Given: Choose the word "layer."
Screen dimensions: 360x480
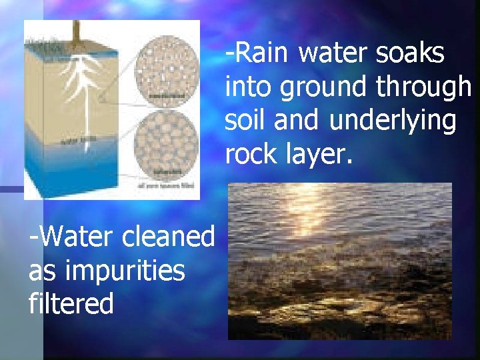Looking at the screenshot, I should point(315,154).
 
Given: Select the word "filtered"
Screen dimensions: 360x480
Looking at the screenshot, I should point(71,304).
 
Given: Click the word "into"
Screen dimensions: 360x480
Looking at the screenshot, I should point(248,87).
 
